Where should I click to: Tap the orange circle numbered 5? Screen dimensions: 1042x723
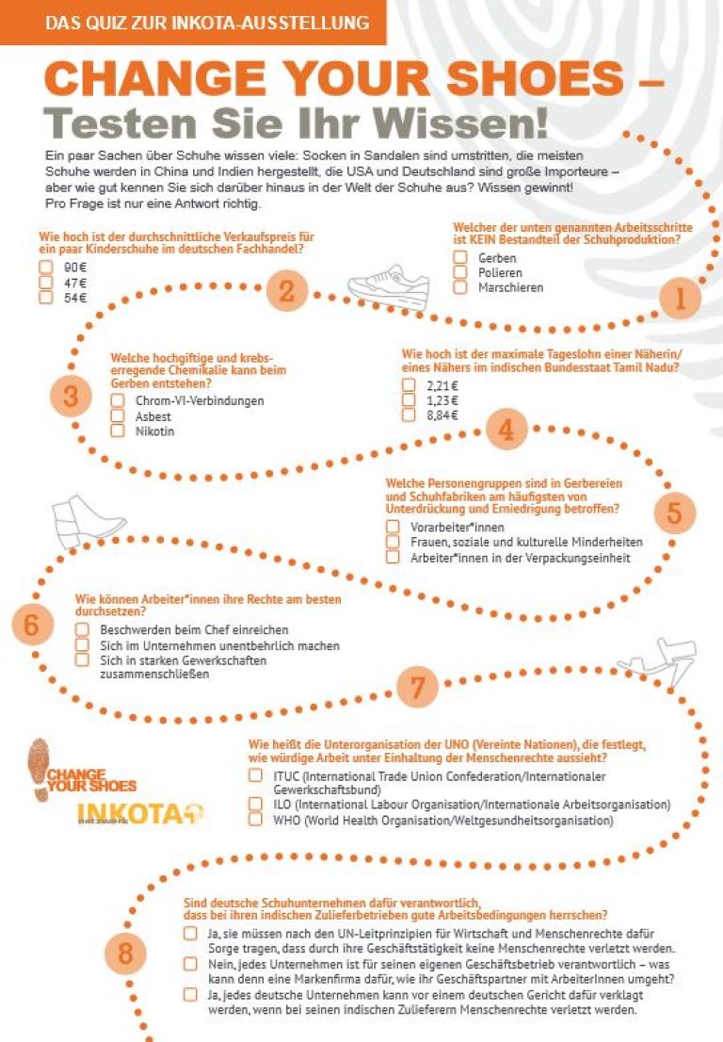pos(674,513)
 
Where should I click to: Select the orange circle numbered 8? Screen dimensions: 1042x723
pos(125,954)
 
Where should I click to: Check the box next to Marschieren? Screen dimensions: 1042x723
pos(460,287)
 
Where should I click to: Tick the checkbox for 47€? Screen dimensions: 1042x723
pos(45,283)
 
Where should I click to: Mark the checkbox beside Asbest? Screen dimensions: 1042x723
pos(118,415)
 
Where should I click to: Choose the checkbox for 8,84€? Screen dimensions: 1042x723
pos(409,415)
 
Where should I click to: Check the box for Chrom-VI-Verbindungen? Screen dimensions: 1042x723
pos(118,400)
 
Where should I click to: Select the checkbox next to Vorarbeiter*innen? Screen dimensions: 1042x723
pos(393,527)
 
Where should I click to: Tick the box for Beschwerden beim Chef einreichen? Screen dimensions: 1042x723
pos(82,629)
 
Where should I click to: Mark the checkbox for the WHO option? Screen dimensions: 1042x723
pos(255,820)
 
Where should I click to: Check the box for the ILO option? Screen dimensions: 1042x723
pos(255,804)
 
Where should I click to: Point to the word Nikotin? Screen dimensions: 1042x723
pos(155,431)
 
